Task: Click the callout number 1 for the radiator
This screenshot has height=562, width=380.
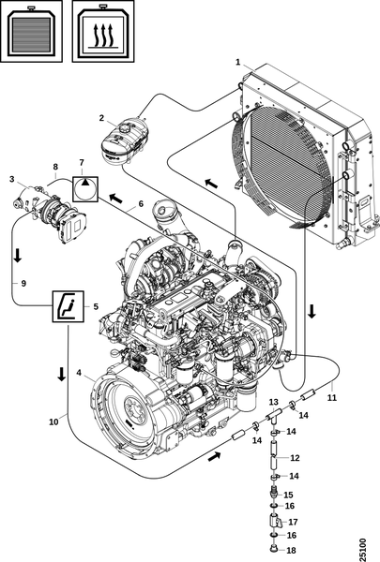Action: tap(237, 62)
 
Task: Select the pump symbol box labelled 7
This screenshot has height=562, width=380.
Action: tap(84, 188)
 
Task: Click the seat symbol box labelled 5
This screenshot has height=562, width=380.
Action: tap(68, 306)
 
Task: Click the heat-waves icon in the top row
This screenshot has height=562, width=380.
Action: tap(103, 31)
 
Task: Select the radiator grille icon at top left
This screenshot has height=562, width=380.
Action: tap(31, 31)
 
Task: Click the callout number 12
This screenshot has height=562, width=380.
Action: tap(295, 458)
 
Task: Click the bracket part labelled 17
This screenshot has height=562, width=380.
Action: tap(275, 521)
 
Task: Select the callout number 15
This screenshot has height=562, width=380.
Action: tap(288, 495)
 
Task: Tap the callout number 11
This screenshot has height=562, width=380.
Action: tap(332, 397)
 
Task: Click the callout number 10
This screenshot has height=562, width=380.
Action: tap(53, 421)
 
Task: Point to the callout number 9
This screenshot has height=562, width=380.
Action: tap(23, 283)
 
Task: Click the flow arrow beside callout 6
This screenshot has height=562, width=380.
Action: tap(115, 198)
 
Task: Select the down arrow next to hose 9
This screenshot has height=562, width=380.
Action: tap(17, 255)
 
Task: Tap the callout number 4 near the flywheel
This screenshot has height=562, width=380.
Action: tap(79, 373)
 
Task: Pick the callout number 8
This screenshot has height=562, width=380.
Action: tap(55, 167)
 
